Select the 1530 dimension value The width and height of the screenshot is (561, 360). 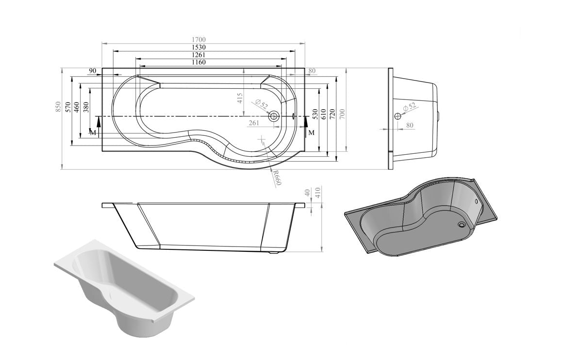pos(199,47)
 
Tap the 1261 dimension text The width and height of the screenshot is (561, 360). pos(199,55)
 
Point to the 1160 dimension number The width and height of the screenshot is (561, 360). pos(199,62)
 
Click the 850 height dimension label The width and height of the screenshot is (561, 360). pos(58,107)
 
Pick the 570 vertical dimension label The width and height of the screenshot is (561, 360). pos(68,107)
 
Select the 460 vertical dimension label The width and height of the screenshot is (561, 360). pos(77,107)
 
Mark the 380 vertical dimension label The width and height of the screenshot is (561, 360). pos(86,107)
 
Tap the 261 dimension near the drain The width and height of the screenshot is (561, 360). pos(253,123)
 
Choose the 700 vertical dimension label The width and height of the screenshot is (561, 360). pos(342,114)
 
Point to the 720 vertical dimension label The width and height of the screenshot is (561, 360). pos(333,114)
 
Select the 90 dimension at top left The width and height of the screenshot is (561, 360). pos(92,71)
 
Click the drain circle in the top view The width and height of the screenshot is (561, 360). pos(274,116)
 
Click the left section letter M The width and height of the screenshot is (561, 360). pos(92,132)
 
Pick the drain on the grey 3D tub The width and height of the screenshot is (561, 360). pos(461,224)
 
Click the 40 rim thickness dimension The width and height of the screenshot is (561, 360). pos(307,193)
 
